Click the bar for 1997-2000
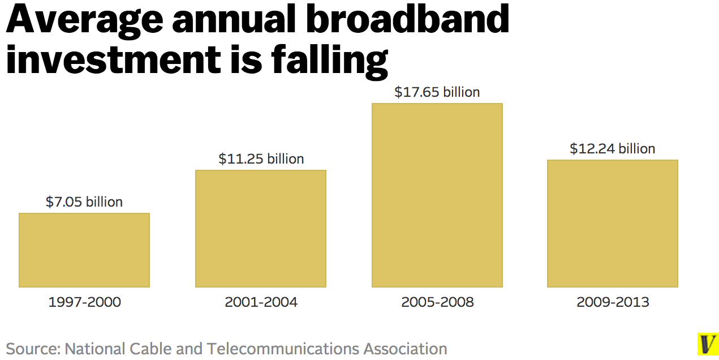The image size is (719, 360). [84, 250]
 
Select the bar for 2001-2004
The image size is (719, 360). [261, 228]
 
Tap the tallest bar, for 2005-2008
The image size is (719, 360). [437, 195]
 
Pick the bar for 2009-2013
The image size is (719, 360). [612, 223]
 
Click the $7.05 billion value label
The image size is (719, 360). [84, 202]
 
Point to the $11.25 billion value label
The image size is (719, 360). [261, 159]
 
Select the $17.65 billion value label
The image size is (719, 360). [437, 92]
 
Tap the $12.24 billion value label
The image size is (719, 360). [612, 148]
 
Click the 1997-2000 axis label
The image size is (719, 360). [85, 302]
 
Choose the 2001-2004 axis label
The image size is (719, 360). [261, 302]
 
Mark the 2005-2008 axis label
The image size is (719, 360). [437, 302]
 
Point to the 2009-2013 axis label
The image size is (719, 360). [613, 302]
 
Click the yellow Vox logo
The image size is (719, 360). [707, 344]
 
